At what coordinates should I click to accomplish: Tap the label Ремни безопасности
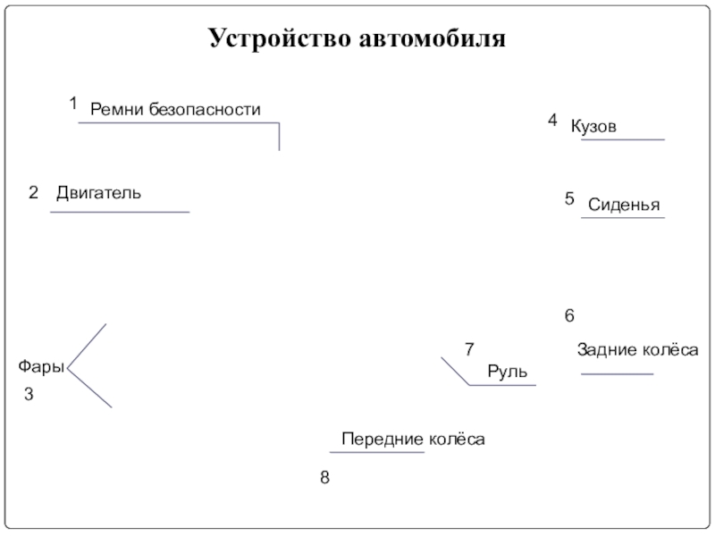coord(175,110)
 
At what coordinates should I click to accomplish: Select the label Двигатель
coord(98,192)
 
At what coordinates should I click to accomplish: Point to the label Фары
coord(41,366)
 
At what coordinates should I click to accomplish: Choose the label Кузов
coord(593,127)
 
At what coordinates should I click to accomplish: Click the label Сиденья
coord(624,205)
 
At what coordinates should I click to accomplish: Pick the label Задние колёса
coord(637,350)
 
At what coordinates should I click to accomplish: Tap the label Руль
coord(508,371)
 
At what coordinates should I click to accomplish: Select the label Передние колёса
coord(413,440)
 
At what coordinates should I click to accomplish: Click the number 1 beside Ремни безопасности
coord(73,104)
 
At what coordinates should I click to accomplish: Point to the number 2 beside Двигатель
coord(33,193)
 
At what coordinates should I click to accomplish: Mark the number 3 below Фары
coord(29,394)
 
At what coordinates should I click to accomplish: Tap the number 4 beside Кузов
coord(552,120)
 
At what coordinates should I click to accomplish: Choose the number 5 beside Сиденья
coord(569,199)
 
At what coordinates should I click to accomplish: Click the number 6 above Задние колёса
coord(569,316)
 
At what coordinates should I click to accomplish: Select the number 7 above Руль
coord(469,348)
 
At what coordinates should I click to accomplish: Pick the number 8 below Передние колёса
coord(325,479)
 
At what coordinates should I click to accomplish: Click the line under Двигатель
coord(120,212)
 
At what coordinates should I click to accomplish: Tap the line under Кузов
coord(623,139)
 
